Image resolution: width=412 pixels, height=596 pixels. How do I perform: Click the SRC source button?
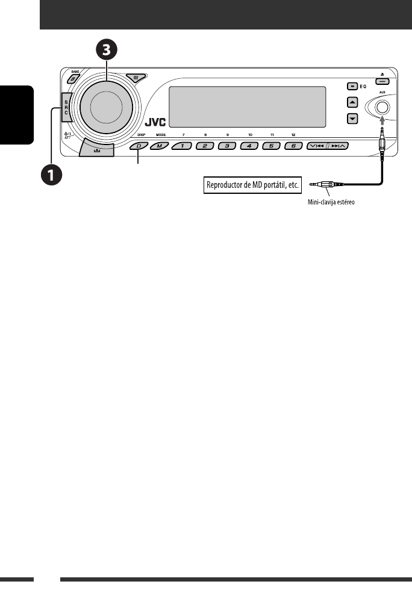(66, 107)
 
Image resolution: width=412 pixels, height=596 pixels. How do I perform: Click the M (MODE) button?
(159, 146)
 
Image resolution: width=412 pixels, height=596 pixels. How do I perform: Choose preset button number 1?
(182, 146)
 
